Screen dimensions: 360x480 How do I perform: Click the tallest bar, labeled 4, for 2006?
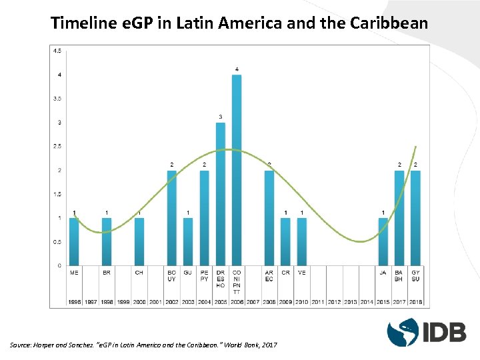pyautogui.click(x=237, y=170)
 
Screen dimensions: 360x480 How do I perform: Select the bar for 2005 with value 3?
pyautogui.click(x=221, y=193)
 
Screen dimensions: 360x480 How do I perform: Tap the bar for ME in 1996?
pyautogui.click(x=75, y=241)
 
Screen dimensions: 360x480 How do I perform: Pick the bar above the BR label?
pyautogui.click(x=107, y=241)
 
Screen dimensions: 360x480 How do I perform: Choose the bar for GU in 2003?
pyautogui.click(x=188, y=241)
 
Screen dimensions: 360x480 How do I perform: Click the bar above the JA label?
pyautogui.click(x=383, y=241)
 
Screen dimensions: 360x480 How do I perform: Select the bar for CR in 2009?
pyautogui.click(x=285, y=241)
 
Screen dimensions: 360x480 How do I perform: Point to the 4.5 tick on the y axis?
pyautogui.click(x=58, y=51)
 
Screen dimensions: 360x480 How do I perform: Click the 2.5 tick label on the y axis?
pyautogui.click(x=58, y=146)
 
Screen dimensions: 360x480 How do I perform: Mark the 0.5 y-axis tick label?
pyautogui.click(x=58, y=241)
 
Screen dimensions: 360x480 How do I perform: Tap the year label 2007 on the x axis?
pyautogui.click(x=253, y=302)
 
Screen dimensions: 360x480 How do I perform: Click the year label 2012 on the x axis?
pyautogui.click(x=334, y=302)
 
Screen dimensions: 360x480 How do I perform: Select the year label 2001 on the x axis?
pyautogui.click(x=155, y=302)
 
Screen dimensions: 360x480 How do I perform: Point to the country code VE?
pyautogui.click(x=302, y=272)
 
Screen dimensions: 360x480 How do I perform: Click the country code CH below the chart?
pyautogui.click(x=139, y=272)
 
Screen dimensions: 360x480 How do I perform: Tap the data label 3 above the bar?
pyautogui.click(x=221, y=117)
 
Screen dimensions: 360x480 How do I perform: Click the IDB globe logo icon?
pyautogui.click(x=403, y=331)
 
